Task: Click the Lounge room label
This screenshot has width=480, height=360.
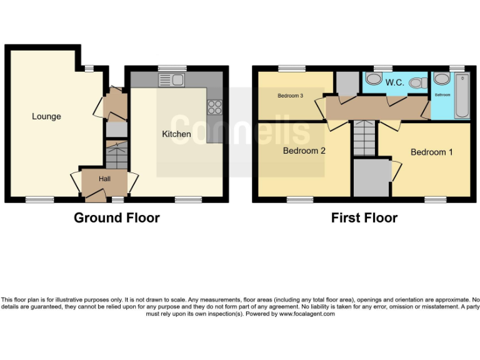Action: coord(47,116)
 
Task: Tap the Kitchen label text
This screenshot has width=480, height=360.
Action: coord(176,134)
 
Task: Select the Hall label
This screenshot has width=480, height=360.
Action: coord(104,179)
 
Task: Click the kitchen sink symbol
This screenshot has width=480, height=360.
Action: coord(171,79)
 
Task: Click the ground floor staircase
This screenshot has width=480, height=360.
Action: coord(116,154)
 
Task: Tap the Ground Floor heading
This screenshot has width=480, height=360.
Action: coord(116,217)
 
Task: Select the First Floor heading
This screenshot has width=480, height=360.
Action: coord(364,217)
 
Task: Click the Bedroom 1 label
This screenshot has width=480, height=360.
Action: coord(432,152)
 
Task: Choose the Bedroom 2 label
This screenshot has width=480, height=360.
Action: coord(304,151)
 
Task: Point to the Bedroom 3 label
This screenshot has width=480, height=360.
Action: coord(291,96)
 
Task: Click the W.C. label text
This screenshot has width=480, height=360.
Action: coord(394,82)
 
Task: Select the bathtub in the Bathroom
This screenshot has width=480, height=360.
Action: coord(462,96)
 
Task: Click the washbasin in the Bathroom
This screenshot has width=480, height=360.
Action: coord(441,79)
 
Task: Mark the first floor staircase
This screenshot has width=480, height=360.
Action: coord(364,139)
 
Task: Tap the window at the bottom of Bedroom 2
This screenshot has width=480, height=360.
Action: coord(299,199)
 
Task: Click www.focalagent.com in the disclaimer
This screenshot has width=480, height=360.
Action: coord(307,314)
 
